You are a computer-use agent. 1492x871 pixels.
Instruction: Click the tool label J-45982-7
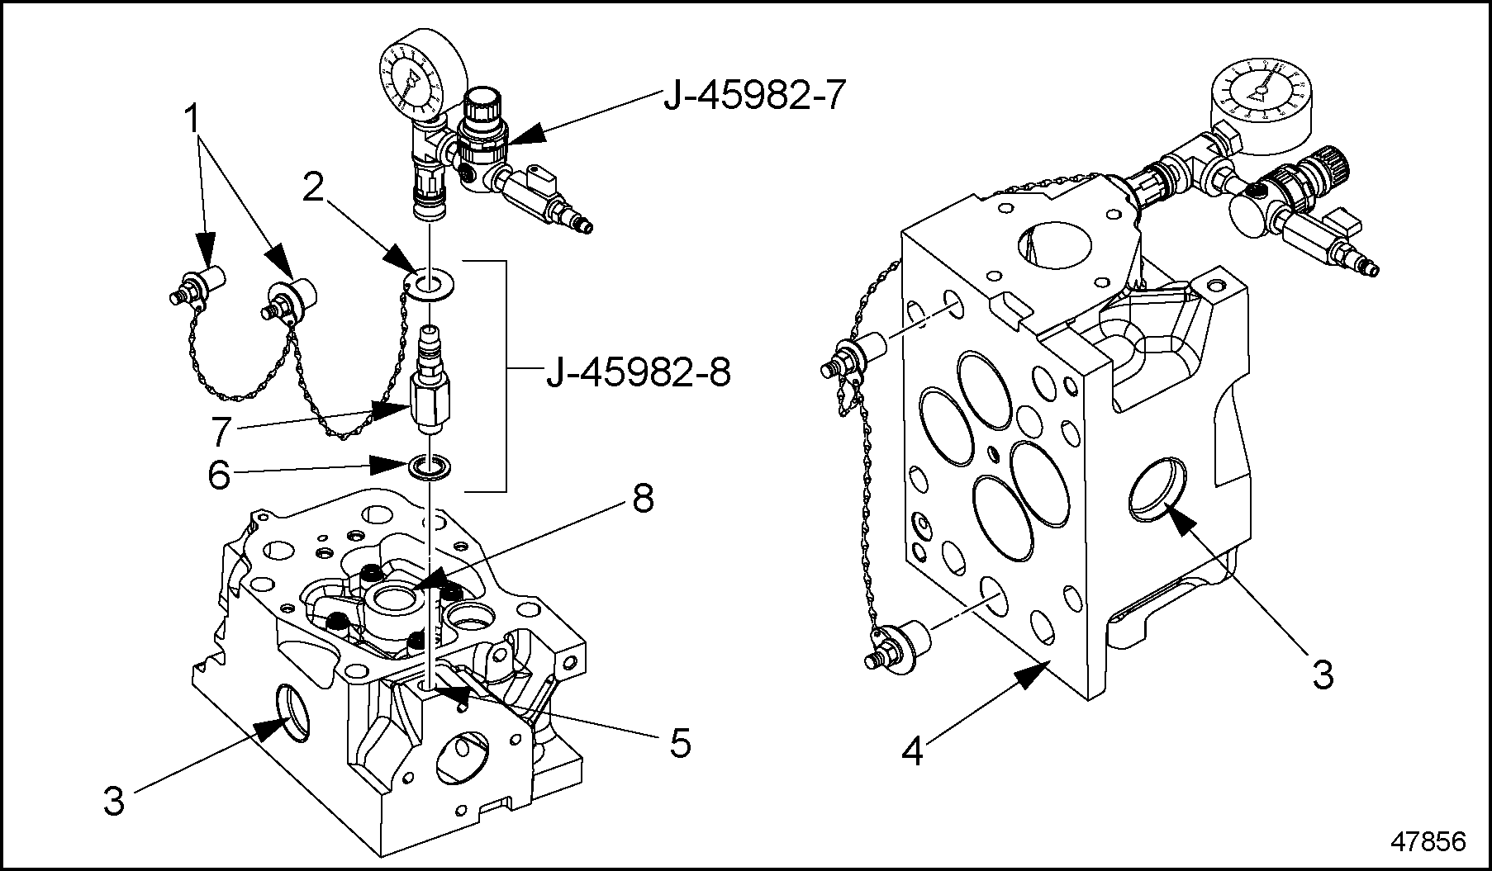755,97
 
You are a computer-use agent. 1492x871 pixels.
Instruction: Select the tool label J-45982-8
638,374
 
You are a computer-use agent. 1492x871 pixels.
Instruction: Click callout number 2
312,189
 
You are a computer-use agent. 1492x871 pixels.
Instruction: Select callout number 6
219,476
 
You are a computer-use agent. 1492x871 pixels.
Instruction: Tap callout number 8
643,498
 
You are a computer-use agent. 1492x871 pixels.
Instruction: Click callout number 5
679,743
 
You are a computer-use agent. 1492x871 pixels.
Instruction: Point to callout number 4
912,752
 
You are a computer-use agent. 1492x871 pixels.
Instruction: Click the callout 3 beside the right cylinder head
1323,675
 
